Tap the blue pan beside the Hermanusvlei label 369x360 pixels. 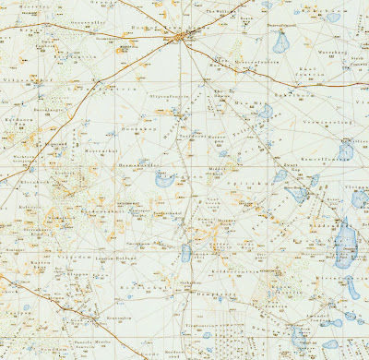point(164,179)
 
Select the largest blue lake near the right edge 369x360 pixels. point(346,242)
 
